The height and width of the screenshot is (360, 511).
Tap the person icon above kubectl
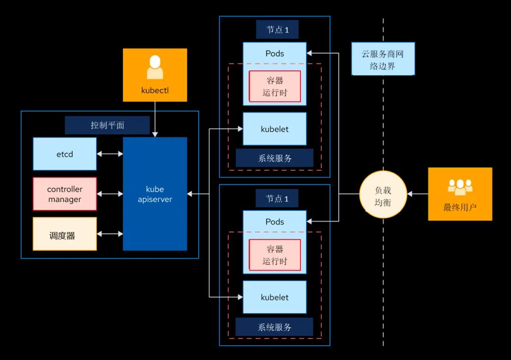[x=155, y=67]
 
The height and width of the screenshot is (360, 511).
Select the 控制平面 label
[x=107, y=125]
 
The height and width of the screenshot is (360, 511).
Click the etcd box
[x=65, y=154]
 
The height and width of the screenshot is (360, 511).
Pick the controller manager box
[x=65, y=194]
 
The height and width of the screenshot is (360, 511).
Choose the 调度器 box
[x=65, y=234]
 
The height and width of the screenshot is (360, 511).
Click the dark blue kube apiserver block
[x=155, y=194]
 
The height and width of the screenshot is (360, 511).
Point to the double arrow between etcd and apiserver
[x=110, y=154]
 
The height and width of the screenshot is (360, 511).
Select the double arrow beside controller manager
[x=110, y=194]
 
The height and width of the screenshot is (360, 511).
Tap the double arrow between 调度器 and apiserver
[x=110, y=234]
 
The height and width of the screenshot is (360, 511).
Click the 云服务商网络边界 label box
[x=383, y=59]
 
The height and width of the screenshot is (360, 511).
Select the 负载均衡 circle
[x=383, y=194]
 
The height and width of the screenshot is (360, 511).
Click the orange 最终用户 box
[x=460, y=194]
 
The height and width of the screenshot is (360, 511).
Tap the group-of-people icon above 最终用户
[x=460, y=187]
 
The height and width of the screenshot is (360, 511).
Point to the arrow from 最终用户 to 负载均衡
[x=417, y=194]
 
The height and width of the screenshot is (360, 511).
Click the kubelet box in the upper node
[x=274, y=129]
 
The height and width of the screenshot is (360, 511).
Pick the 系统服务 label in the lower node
[x=274, y=327]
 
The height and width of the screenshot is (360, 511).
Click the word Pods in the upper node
[x=274, y=53]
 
